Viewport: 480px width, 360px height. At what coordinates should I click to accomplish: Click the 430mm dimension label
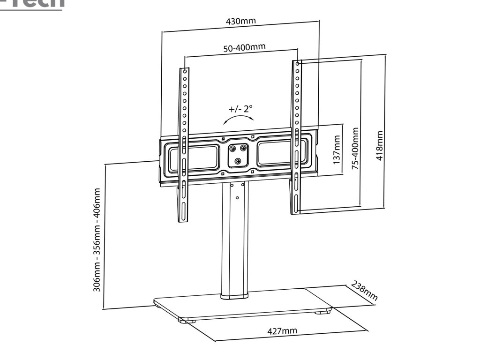coord(240,22)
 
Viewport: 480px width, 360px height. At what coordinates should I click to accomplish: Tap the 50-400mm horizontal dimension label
coord(244,47)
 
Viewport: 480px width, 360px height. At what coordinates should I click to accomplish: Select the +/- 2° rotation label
coord(240,109)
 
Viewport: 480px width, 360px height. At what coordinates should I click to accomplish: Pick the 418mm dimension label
coord(380,145)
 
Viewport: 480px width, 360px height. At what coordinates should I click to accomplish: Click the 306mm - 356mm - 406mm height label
coord(97,240)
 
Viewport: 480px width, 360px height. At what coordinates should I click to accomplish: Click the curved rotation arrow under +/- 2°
coord(239,120)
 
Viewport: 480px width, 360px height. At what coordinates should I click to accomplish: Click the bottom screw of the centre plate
coord(238,161)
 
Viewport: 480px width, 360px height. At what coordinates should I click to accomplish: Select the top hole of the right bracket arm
coord(298,63)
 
